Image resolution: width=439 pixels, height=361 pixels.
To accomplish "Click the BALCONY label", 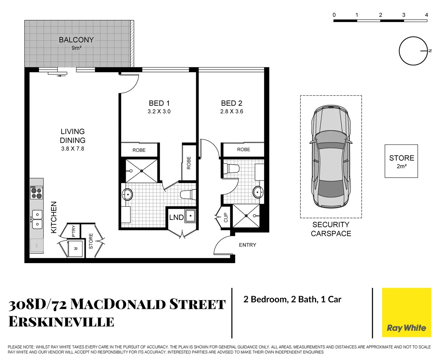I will [76, 40].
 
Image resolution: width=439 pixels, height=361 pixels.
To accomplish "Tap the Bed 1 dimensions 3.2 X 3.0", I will [159, 112].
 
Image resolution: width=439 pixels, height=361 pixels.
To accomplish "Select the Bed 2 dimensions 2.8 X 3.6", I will [232, 112].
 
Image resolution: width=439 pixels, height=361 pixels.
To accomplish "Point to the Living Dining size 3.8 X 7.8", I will [72, 149].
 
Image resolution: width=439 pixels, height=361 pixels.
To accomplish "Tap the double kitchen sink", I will [37, 219].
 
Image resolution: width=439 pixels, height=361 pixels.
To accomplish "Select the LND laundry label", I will [176, 218].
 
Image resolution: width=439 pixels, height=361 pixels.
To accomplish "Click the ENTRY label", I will [247, 245].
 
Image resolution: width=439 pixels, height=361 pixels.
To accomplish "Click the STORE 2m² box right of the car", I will [401, 161].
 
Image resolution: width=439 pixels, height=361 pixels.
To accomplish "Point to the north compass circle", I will [413, 51].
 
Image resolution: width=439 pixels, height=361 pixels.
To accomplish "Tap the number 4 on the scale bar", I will [426, 15].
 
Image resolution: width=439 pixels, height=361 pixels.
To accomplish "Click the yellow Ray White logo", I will [406, 313].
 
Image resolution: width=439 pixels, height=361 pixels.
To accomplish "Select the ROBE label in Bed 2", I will [243, 149].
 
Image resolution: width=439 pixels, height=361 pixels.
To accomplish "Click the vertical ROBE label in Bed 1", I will [189, 163].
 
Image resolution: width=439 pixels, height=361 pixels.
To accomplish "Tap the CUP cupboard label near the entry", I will [226, 218].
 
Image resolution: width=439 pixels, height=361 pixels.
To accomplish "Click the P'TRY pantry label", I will [73, 231].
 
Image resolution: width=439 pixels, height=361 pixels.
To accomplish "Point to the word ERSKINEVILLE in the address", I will [61, 322].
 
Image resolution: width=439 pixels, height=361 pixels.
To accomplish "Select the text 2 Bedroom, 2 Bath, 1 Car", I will [292, 299].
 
